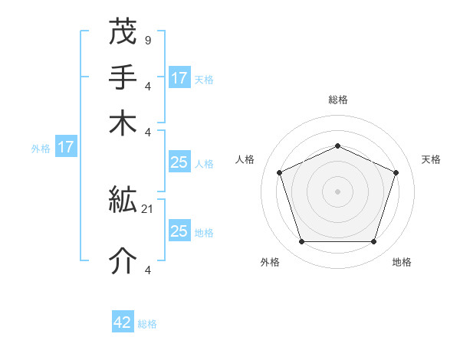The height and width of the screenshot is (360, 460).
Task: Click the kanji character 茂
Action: (x=123, y=31)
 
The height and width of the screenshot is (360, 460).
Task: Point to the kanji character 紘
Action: (x=123, y=201)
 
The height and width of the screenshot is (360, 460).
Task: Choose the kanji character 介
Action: (x=123, y=261)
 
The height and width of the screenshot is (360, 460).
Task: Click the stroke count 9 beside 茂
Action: (x=147, y=39)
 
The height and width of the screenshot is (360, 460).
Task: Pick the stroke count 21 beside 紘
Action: (x=148, y=208)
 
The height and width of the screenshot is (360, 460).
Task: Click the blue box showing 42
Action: (x=123, y=322)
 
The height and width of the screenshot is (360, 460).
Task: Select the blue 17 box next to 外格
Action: (x=66, y=147)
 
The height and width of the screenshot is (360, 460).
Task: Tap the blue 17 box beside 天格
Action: (x=179, y=77)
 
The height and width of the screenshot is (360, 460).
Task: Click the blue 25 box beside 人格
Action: (x=179, y=162)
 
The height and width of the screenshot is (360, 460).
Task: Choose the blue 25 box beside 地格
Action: (x=179, y=231)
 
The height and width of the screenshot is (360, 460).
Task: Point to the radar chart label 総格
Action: (x=337, y=100)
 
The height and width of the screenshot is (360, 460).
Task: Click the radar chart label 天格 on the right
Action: (x=431, y=159)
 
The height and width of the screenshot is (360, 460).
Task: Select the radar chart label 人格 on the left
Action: (x=245, y=159)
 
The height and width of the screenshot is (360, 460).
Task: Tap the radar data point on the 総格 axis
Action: (x=337, y=146)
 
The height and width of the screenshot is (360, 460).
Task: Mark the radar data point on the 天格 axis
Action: (x=396, y=172)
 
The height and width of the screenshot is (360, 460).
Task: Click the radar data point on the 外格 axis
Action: (x=301, y=242)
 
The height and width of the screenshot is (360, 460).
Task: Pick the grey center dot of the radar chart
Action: (x=337, y=191)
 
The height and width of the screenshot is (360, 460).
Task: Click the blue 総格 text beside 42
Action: (x=147, y=324)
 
